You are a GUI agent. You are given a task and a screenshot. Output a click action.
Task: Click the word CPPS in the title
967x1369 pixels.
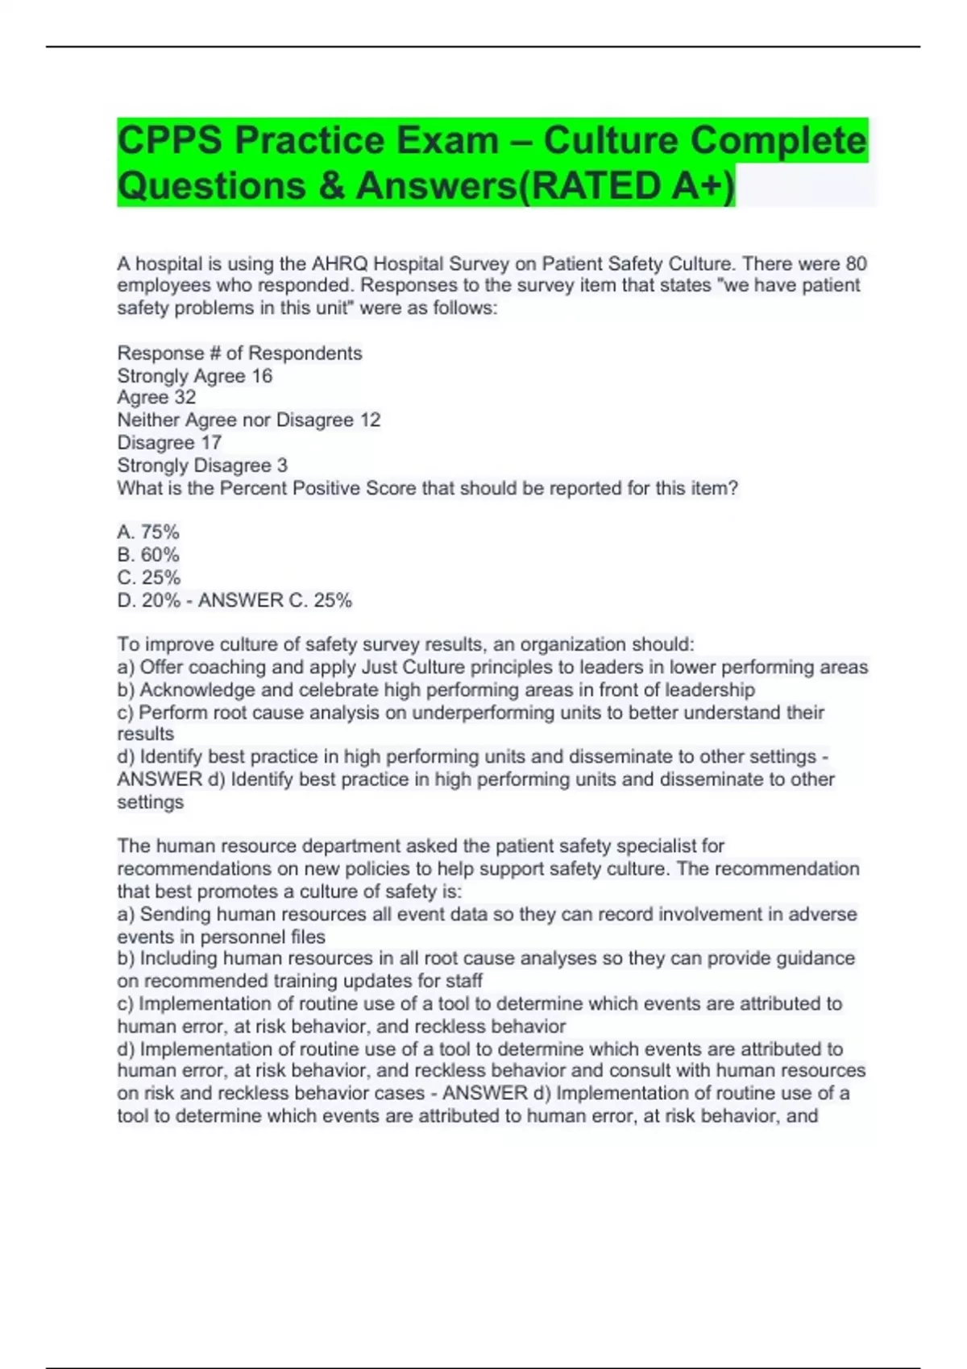pos(169,141)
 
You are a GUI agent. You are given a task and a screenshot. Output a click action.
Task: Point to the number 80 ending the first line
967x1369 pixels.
pos(856,263)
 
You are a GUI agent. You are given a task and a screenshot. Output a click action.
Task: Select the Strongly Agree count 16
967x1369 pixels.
pos(262,376)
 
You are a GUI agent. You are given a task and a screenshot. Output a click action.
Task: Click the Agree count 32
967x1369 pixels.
pos(185,397)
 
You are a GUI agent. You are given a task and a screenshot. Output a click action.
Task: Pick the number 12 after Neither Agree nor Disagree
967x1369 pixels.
pos(370,420)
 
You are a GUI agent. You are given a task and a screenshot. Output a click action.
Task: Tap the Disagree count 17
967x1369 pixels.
pos(211,442)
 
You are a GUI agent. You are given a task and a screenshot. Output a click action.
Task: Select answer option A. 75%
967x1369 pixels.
pos(148,532)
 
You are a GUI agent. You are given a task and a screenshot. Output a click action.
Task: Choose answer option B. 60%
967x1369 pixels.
pos(148,555)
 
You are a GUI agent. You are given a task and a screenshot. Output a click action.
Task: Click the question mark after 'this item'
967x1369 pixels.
pos(733,488)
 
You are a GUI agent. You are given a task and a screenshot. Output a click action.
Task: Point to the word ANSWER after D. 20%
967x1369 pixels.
pos(240,600)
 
